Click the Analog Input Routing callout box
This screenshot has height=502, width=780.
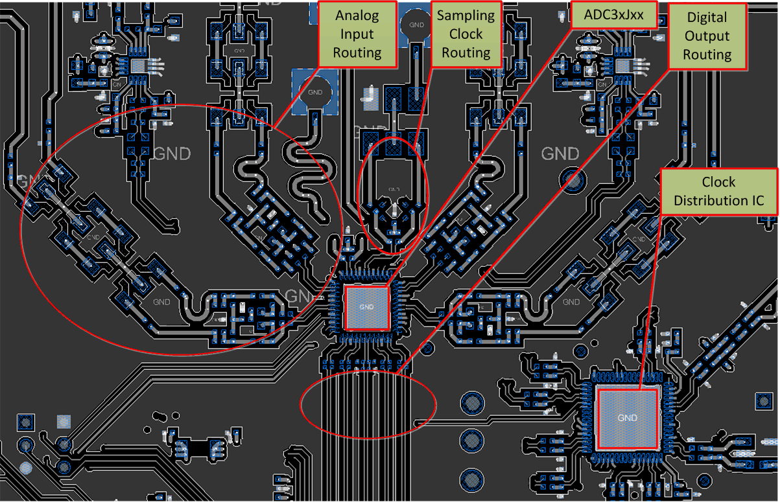[x=357, y=34]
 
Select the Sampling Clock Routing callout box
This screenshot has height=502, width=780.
[x=466, y=34]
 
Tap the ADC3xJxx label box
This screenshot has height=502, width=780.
[x=613, y=15]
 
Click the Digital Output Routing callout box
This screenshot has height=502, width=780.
[x=707, y=36]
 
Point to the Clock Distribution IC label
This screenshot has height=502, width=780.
[x=718, y=191]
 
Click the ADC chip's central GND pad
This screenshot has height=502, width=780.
[x=367, y=307]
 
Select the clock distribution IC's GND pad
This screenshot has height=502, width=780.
[x=628, y=418]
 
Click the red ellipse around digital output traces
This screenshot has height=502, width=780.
[x=368, y=404]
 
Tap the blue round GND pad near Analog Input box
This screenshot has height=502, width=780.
[x=316, y=92]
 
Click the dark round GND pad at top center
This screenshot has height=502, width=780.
[x=413, y=25]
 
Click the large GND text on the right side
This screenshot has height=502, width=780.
[x=560, y=154]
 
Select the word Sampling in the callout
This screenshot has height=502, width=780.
[x=466, y=16]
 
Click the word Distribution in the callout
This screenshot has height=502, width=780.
[x=717, y=200]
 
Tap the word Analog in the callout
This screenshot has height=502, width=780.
[x=357, y=16]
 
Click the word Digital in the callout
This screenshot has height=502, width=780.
[x=707, y=18]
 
